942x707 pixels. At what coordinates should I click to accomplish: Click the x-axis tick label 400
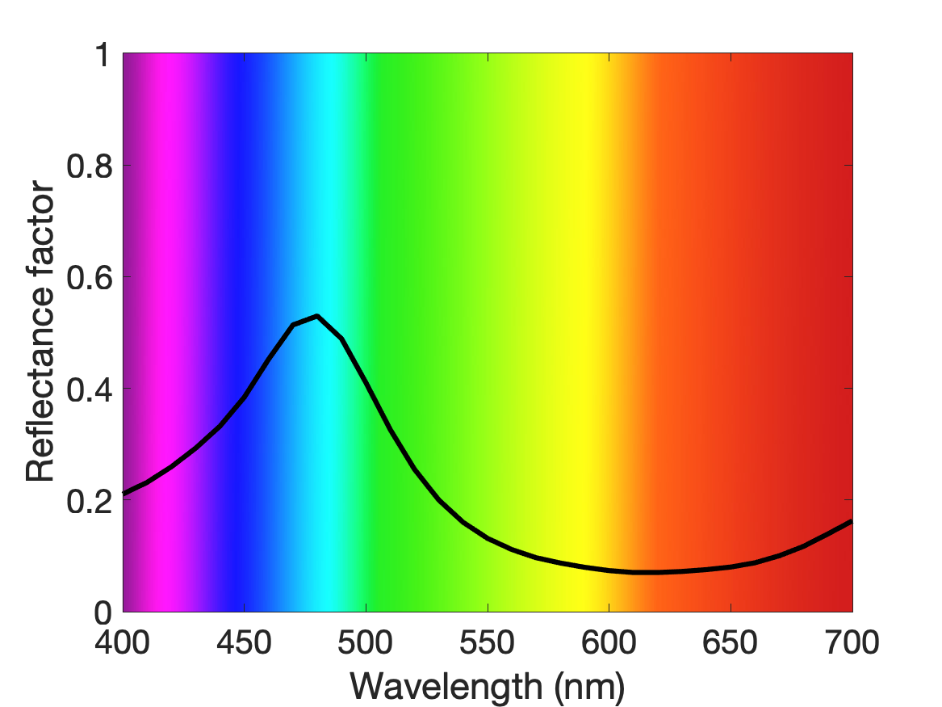pyautogui.click(x=123, y=642)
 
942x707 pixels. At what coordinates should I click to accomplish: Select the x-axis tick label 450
pyautogui.click(x=244, y=642)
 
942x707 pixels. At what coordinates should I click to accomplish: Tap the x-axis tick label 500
pyautogui.click(x=366, y=642)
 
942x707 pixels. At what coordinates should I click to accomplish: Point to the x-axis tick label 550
pyautogui.click(x=488, y=642)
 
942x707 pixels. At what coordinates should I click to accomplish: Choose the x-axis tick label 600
pyautogui.click(x=609, y=642)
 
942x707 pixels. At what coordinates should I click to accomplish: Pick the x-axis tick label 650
pyautogui.click(x=730, y=642)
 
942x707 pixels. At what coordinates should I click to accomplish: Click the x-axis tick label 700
pyautogui.click(x=852, y=642)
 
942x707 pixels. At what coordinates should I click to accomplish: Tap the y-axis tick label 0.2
pyautogui.click(x=90, y=501)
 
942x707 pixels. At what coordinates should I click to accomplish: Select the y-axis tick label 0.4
pyautogui.click(x=90, y=389)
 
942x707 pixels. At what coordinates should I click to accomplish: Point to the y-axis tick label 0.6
pyautogui.click(x=90, y=277)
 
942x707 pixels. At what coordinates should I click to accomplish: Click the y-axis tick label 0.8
pyautogui.click(x=90, y=166)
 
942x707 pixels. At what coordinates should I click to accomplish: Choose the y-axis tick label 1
pyautogui.click(x=103, y=54)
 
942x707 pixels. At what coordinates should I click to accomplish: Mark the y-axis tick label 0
pyautogui.click(x=103, y=612)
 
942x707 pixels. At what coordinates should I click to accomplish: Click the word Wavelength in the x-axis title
pyautogui.click(x=446, y=686)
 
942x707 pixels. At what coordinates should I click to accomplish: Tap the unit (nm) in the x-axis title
pyautogui.click(x=589, y=687)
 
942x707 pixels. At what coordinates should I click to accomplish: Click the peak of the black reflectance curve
pyautogui.click(x=316, y=316)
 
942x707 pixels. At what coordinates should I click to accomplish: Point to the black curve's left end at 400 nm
pyautogui.click(x=124, y=493)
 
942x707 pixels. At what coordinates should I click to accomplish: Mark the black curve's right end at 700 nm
pyautogui.click(x=852, y=521)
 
